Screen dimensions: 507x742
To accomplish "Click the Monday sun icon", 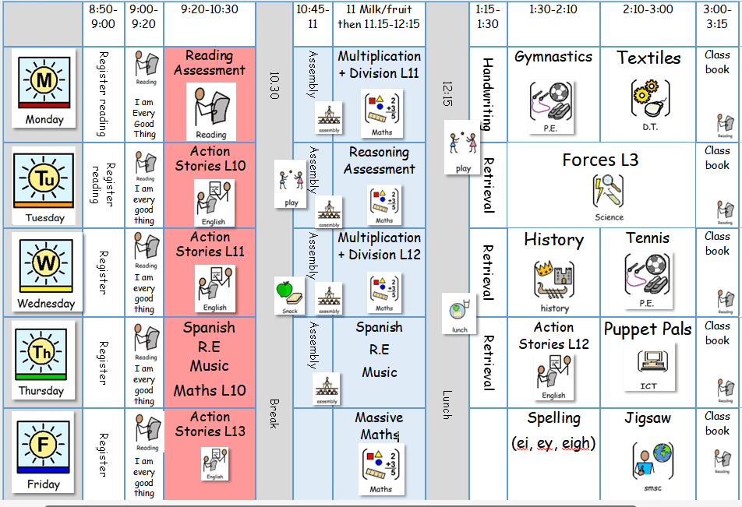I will [x=44, y=80].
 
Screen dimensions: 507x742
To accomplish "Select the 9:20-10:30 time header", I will [x=210, y=9].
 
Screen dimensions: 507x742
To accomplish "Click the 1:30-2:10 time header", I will [x=553, y=9].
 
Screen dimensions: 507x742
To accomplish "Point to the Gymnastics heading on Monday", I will [x=553, y=57].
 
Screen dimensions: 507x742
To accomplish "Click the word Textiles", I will [x=648, y=58].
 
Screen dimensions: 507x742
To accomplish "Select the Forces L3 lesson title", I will [x=600, y=160].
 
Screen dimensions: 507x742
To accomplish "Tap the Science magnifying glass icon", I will [x=609, y=192].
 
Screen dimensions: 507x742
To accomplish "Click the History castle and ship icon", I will [x=554, y=280].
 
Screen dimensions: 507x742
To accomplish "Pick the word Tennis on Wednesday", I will [x=648, y=238].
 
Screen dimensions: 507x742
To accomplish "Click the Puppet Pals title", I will [x=648, y=329].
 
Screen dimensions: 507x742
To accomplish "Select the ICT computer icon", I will [x=648, y=364].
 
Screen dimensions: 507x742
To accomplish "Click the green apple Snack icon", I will [x=289, y=293].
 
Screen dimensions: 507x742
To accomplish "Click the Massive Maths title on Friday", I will [x=379, y=426].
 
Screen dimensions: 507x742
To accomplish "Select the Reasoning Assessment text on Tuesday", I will [x=380, y=160].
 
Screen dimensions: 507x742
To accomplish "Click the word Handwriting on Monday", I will [x=488, y=93].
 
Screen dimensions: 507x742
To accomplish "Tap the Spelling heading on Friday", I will [x=553, y=418].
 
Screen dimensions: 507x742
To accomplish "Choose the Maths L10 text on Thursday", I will [x=210, y=390].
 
